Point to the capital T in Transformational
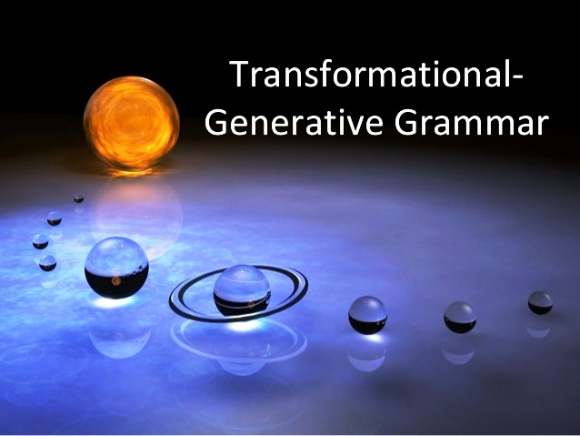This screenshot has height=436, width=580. [x=239, y=74]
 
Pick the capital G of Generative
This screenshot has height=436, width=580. [x=218, y=122]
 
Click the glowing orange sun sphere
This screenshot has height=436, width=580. [x=131, y=123]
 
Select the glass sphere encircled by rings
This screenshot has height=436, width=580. [x=241, y=289]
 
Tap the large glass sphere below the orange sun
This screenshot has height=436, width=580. [x=116, y=267]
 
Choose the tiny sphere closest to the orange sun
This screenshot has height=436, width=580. [x=79, y=198]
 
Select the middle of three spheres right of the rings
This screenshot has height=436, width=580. [x=460, y=317]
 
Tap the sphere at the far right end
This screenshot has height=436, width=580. [x=540, y=303]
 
